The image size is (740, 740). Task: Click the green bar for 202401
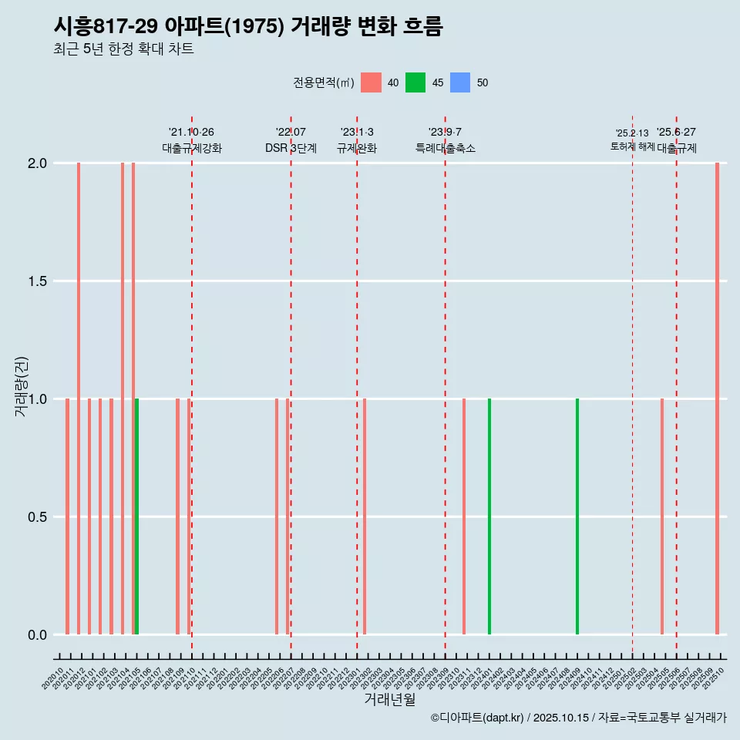489,516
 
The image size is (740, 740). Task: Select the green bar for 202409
577,516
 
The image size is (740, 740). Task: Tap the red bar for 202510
717,399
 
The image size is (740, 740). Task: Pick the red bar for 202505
662,516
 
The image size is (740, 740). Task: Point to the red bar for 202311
464,516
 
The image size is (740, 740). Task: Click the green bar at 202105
137,516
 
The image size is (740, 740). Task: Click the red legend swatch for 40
372,82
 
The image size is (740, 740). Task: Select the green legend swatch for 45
415,82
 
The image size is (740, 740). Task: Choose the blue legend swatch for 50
460,82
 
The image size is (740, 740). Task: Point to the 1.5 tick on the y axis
38,281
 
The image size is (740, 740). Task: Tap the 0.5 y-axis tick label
38,517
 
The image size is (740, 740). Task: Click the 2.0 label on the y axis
38,163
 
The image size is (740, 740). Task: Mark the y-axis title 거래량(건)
22,386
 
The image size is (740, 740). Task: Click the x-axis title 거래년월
389,699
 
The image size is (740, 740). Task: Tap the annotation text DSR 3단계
291,148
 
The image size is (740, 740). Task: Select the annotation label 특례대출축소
446,148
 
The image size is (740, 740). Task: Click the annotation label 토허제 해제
632,146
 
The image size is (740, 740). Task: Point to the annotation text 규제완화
357,148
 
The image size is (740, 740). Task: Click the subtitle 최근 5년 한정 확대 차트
123,49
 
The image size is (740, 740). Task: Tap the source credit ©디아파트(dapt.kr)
477,718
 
